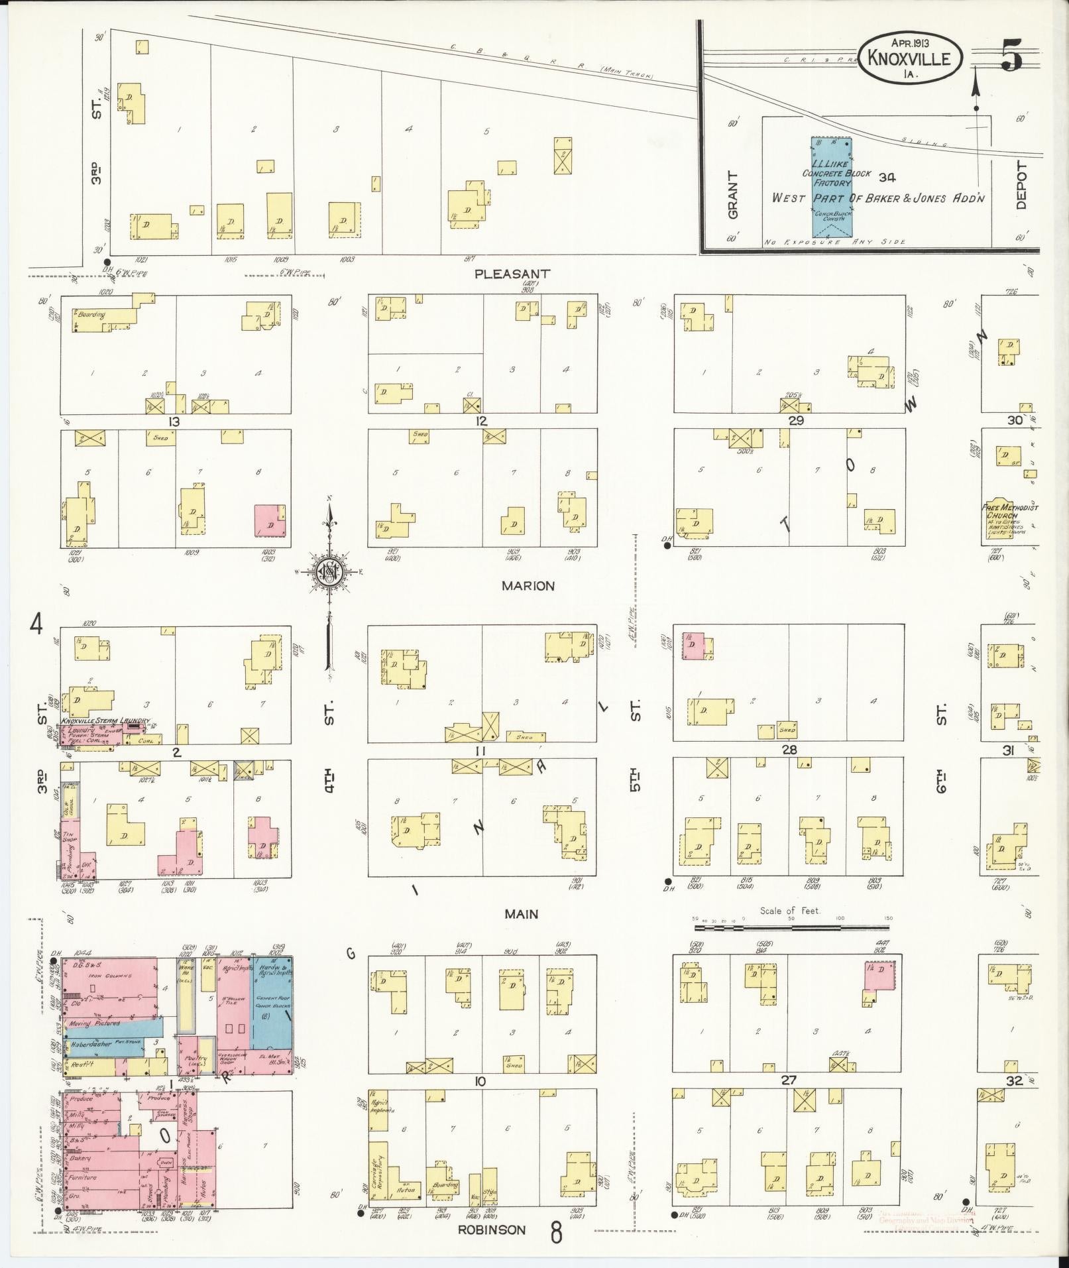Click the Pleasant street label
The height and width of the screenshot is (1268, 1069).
pos(512,273)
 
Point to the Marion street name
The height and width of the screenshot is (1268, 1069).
pos(528,586)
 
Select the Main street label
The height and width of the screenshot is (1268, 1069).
pos(521,914)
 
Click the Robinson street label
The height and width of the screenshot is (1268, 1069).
pos(491,1230)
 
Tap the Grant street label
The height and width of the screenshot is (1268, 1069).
pos(732,195)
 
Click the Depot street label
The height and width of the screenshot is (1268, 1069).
pos(1021,186)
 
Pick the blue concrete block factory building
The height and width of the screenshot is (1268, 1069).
pos(831,187)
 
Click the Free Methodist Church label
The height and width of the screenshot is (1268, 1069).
pos(1009,511)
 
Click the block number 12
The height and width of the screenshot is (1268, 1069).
pos(481,422)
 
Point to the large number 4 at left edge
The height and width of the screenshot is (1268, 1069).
pos(36,624)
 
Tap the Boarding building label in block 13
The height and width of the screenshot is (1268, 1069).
pos(91,315)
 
